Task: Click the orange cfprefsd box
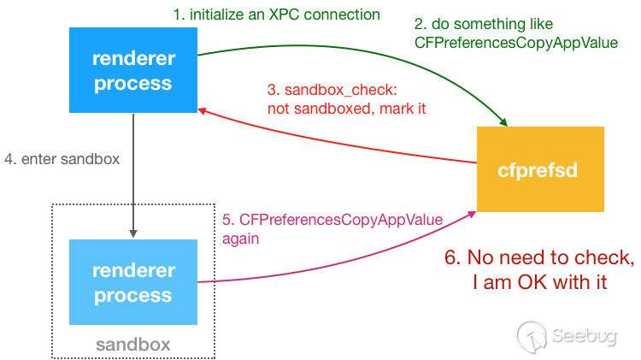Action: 540,169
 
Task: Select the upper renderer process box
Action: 133,70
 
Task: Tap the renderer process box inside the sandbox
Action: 133,282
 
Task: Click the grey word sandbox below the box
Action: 132,345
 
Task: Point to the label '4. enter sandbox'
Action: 62,159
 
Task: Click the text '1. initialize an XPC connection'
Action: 277,15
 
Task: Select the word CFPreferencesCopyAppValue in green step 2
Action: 516,43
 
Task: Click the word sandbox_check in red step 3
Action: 341,90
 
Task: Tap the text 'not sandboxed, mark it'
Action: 347,109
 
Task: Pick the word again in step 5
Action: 240,239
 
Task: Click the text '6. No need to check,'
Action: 539,257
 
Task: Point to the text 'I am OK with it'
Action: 539,282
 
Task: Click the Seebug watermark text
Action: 585,335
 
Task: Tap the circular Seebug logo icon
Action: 532,337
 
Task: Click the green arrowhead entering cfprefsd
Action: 504,122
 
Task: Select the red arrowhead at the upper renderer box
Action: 202,111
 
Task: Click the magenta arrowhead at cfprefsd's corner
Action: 472,215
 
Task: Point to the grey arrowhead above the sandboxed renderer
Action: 133,233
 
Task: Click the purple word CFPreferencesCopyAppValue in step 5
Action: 341,220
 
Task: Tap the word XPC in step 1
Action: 285,15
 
